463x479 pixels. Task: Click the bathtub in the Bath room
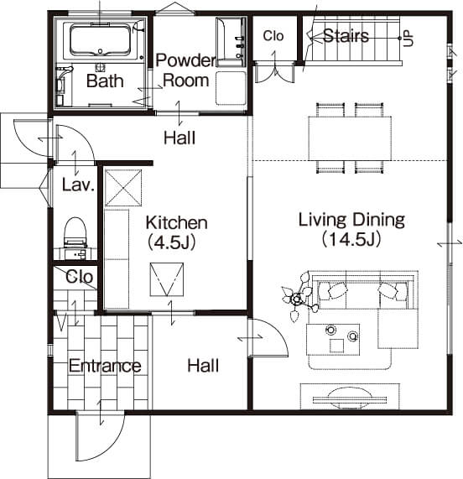pyautogui.click(x=100, y=40)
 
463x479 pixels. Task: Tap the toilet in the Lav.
pyautogui.click(x=75, y=232)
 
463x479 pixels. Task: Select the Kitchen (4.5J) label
pyautogui.click(x=176, y=232)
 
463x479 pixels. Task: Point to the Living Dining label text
pyautogui.click(x=351, y=220)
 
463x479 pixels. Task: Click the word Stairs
pyautogui.click(x=346, y=36)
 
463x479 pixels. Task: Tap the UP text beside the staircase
pyautogui.click(x=408, y=39)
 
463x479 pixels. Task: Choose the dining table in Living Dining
pyautogui.click(x=350, y=138)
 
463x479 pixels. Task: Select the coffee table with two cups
pyautogui.click(x=333, y=340)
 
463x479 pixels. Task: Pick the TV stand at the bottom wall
pyautogui.click(x=350, y=396)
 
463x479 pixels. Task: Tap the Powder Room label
pyautogui.click(x=185, y=70)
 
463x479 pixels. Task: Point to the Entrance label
pyautogui.click(x=105, y=366)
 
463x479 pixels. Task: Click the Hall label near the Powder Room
pyautogui.click(x=179, y=138)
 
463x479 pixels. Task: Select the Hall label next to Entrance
pyautogui.click(x=203, y=366)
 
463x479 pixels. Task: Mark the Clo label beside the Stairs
pyautogui.click(x=273, y=36)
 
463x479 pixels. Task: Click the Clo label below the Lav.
pyautogui.click(x=79, y=277)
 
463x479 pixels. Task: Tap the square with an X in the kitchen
pyautogui.click(x=123, y=188)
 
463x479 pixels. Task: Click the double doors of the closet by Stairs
pyautogui.click(x=274, y=72)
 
